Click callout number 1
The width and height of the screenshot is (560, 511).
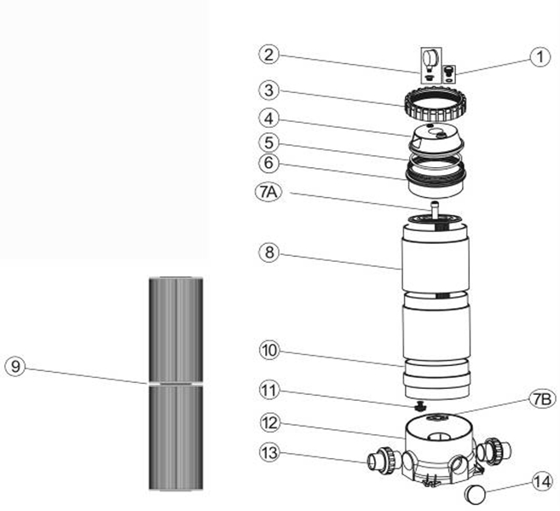538,57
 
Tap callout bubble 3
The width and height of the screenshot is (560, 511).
269,89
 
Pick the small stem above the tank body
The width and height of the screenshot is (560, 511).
433,208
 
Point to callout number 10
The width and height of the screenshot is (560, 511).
269,351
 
